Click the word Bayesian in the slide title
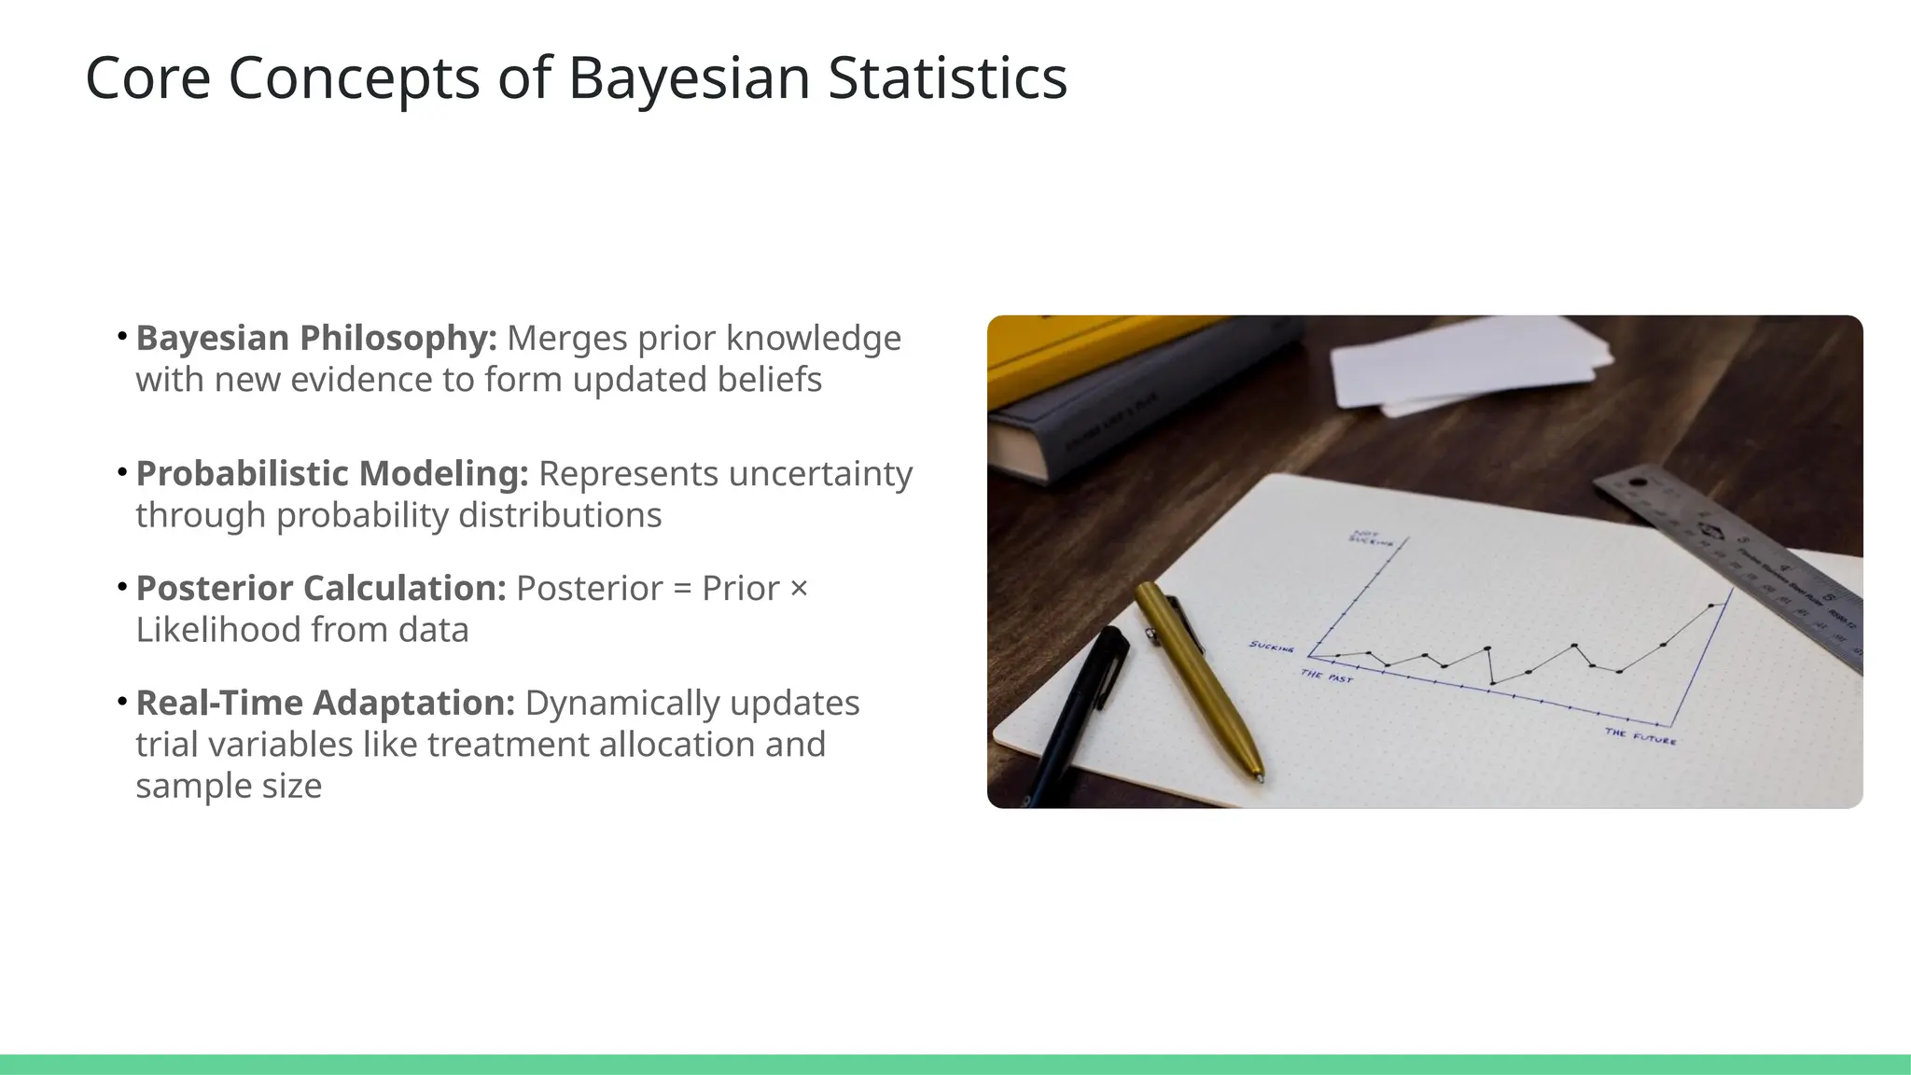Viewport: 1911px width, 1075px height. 690,78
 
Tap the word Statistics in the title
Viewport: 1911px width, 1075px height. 947,78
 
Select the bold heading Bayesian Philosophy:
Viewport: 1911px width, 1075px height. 316,338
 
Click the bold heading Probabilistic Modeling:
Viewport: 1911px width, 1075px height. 332,474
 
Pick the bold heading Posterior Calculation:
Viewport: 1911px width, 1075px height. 321,589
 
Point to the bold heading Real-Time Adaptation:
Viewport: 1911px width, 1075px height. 326,704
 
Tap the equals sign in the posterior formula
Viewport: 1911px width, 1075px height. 682,590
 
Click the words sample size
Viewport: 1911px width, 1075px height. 229,787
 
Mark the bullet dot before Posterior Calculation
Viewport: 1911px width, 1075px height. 122,588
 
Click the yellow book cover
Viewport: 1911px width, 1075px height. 1073,350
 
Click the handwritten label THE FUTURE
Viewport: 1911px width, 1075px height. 1640,736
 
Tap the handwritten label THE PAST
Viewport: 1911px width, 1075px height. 1326,676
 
